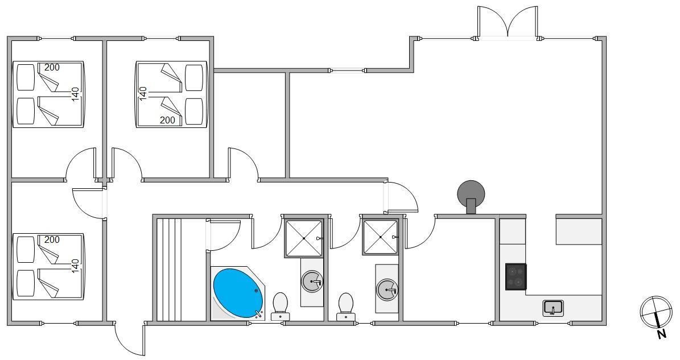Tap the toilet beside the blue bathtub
[x=280, y=304]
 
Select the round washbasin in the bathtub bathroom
[x=312, y=281]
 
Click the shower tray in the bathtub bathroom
[x=304, y=238]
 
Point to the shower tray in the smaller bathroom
[x=381, y=237]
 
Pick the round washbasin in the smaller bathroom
[x=387, y=289]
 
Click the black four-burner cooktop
[x=516, y=277]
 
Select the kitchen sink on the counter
[x=553, y=308]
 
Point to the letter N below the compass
[x=661, y=334]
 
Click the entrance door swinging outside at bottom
[x=130, y=340]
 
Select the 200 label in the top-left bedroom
[x=52, y=67]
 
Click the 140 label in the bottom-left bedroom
[x=75, y=266]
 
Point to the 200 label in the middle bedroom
[x=167, y=120]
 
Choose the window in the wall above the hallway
[x=347, y=71]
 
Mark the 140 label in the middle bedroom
[x=143, y=93]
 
